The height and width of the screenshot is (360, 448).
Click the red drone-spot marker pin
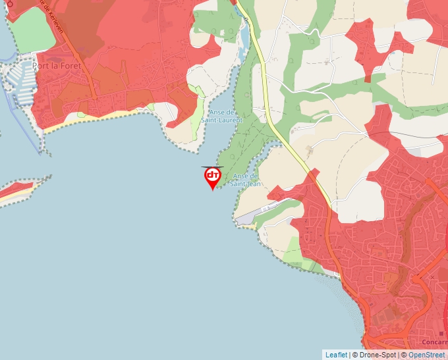pyautogui.click(x=212, y=177)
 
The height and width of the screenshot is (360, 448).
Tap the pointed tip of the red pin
pyautogui.click(x=212, y=190)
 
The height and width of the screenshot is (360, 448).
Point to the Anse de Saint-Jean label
pyautogui.click(x=246, y=180)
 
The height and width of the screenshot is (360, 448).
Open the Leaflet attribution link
pyautogui.click(x=336, y=355)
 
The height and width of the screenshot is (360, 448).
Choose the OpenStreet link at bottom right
pyautogui.click(x=426, y=355)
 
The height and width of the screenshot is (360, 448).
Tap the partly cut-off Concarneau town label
pyautogui.click(x=434, y=342)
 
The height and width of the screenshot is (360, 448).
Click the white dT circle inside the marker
pyautogui.click(x=212, y=175)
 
